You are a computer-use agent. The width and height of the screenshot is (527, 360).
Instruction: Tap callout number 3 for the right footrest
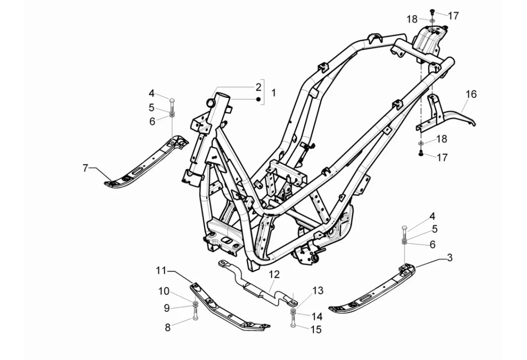point(449,257)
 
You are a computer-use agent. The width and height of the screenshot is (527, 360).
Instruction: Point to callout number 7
point(85,168)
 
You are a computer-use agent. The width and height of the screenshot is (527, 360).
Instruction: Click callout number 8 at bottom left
point(168,327)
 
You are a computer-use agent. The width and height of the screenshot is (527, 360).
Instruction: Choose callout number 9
point(166,308)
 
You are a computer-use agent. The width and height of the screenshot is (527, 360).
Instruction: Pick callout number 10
point(164,291)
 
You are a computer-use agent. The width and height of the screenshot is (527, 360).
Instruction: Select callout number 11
point(161,270)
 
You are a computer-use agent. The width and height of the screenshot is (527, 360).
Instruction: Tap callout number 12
point(274,274)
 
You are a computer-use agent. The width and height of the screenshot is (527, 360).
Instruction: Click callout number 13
point(318,290)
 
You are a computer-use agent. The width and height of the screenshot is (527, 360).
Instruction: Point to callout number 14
point(317,317)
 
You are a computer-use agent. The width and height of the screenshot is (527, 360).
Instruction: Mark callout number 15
point(316,330)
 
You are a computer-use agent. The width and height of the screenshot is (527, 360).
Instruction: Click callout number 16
point(471,94)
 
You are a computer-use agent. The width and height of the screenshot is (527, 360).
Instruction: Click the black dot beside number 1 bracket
point(257,99)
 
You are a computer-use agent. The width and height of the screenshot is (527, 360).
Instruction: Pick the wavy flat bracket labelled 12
point(257,285)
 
